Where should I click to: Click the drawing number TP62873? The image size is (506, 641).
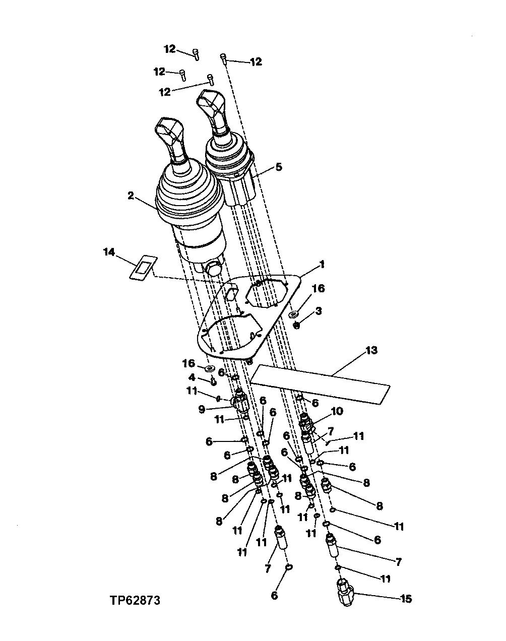[135, 600]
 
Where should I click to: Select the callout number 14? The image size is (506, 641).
[109, 252]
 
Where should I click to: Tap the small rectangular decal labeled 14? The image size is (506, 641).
[143, 268]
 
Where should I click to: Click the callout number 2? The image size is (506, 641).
[131, 196]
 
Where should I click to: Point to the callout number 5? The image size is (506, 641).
[279, 167]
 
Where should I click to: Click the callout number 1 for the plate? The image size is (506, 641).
[322, 264]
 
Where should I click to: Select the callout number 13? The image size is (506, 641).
[371, 350]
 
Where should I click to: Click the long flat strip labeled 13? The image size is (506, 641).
[321, 384]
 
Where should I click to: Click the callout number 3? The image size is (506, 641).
[319, 311]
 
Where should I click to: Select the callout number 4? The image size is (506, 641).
[192, 377]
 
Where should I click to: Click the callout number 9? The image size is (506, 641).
[202, 409]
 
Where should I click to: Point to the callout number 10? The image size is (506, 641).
[337, 411]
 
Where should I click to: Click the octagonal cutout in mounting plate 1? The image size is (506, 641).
[266, 293]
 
